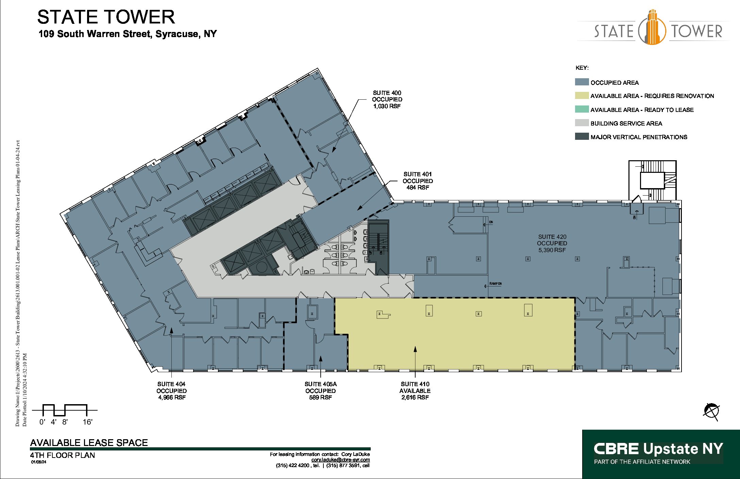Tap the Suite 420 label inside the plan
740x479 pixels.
552,237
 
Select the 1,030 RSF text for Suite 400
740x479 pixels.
387,106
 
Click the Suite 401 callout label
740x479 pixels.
418,174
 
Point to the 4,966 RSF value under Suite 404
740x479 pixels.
172,397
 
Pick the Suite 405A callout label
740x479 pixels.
320,384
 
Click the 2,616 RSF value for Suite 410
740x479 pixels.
415,397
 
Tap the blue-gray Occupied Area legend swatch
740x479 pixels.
582,82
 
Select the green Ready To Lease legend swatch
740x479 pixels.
582,109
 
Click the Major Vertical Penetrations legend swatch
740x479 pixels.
582,136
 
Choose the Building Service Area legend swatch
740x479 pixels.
582,123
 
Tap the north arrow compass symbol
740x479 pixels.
711,411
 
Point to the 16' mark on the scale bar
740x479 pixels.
87,422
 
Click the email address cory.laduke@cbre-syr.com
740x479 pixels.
340,460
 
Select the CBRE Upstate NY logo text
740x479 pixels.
658,449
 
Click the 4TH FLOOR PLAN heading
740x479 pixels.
62,455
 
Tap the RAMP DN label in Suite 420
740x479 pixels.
495,283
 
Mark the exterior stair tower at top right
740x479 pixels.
652,180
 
